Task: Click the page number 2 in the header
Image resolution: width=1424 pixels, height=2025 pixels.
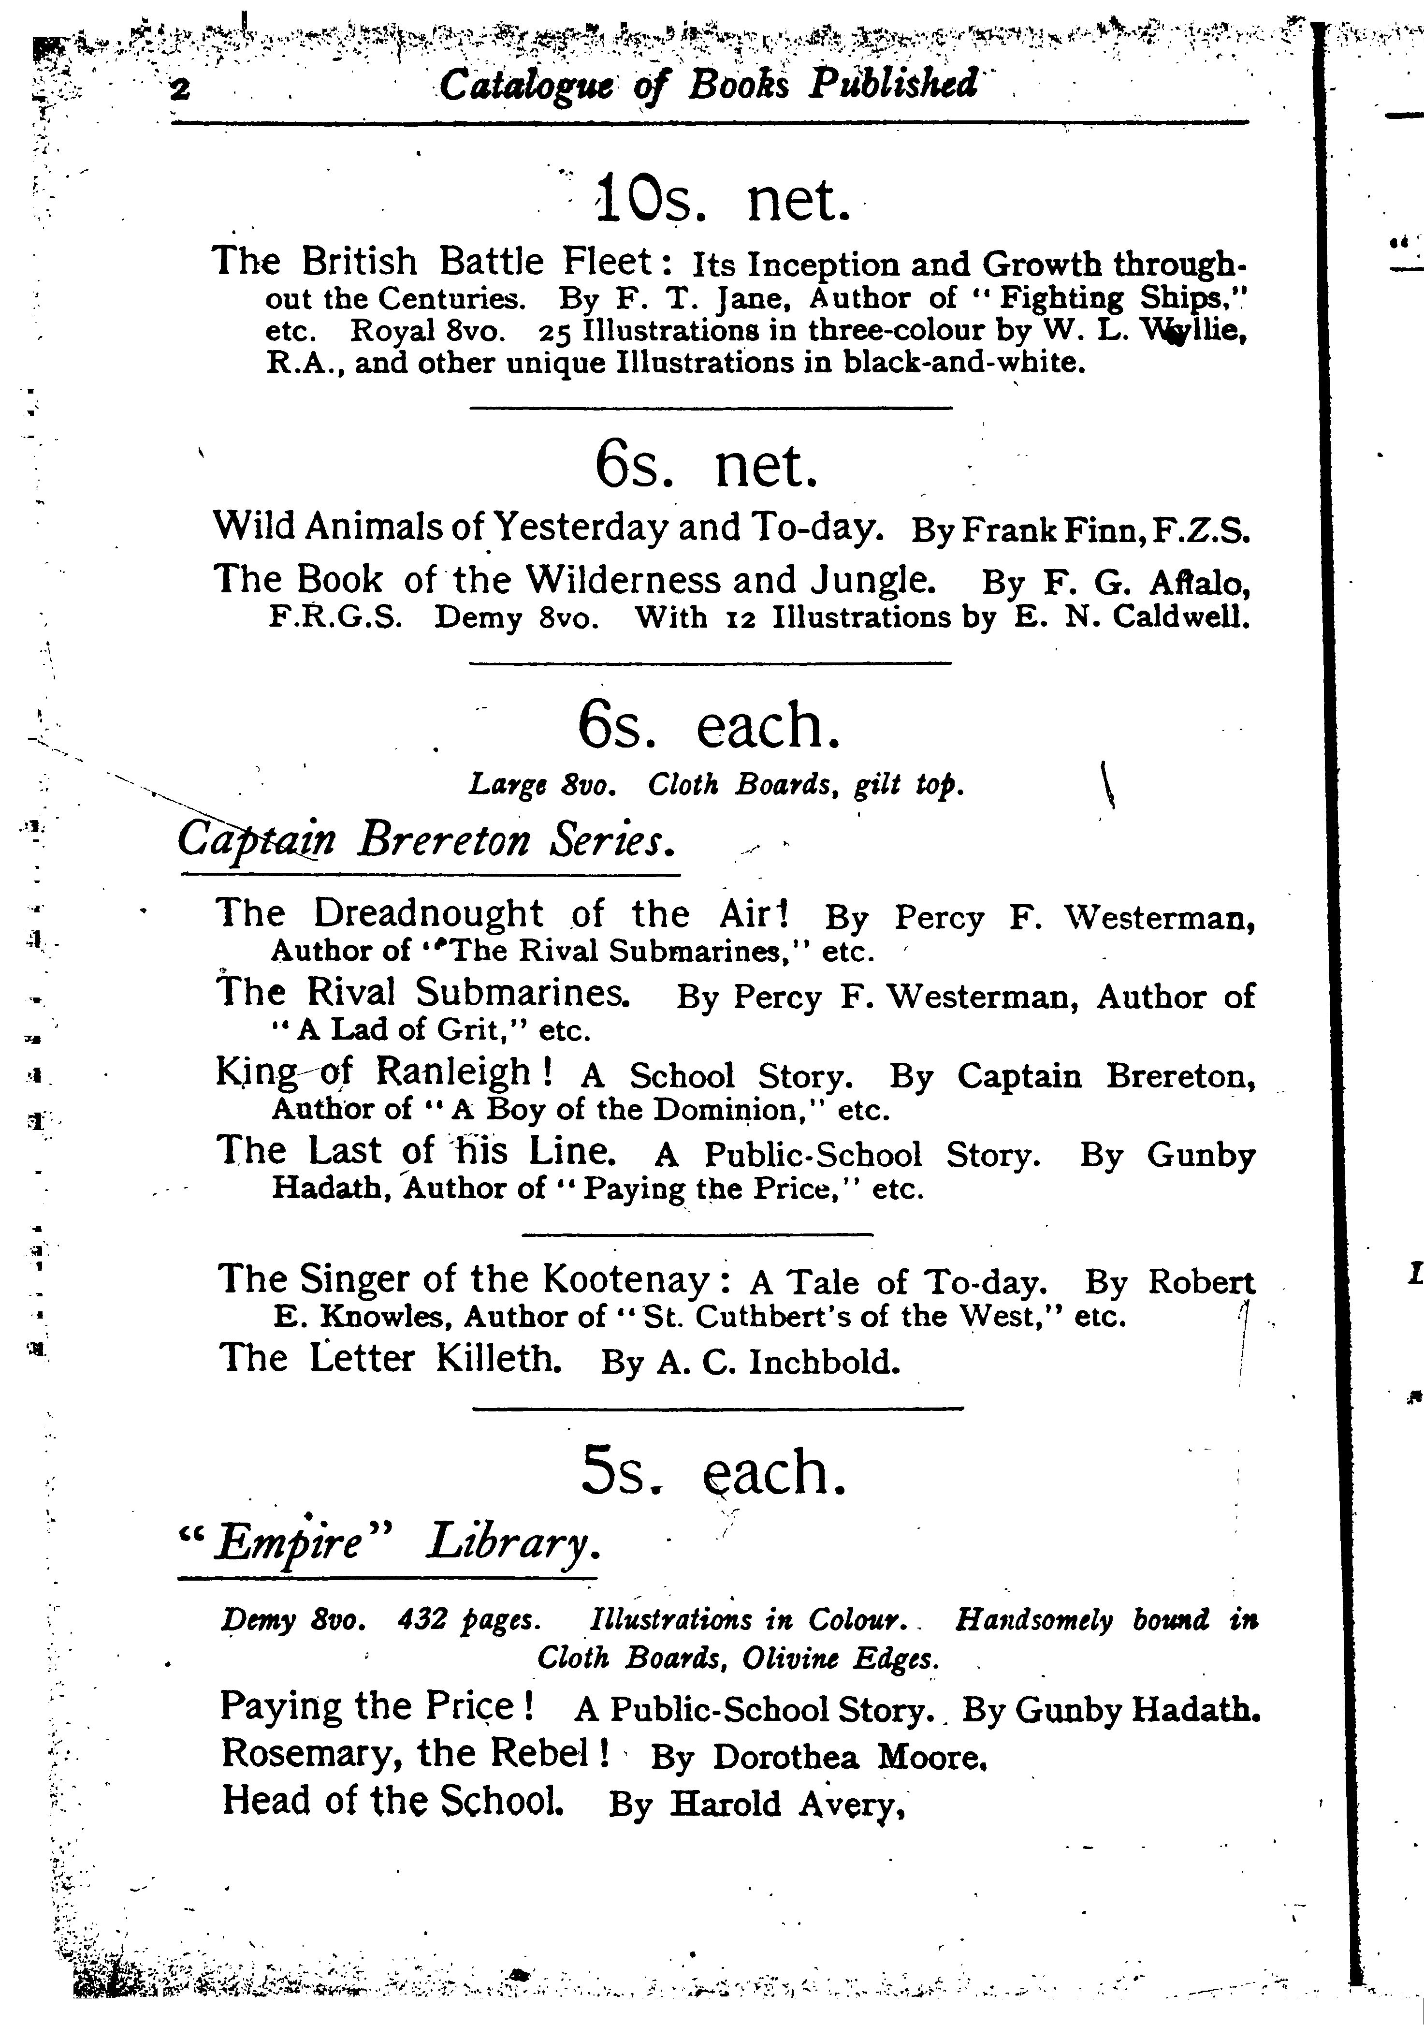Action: [181, 88]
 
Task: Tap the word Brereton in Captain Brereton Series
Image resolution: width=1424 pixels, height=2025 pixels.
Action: [444, 839]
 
